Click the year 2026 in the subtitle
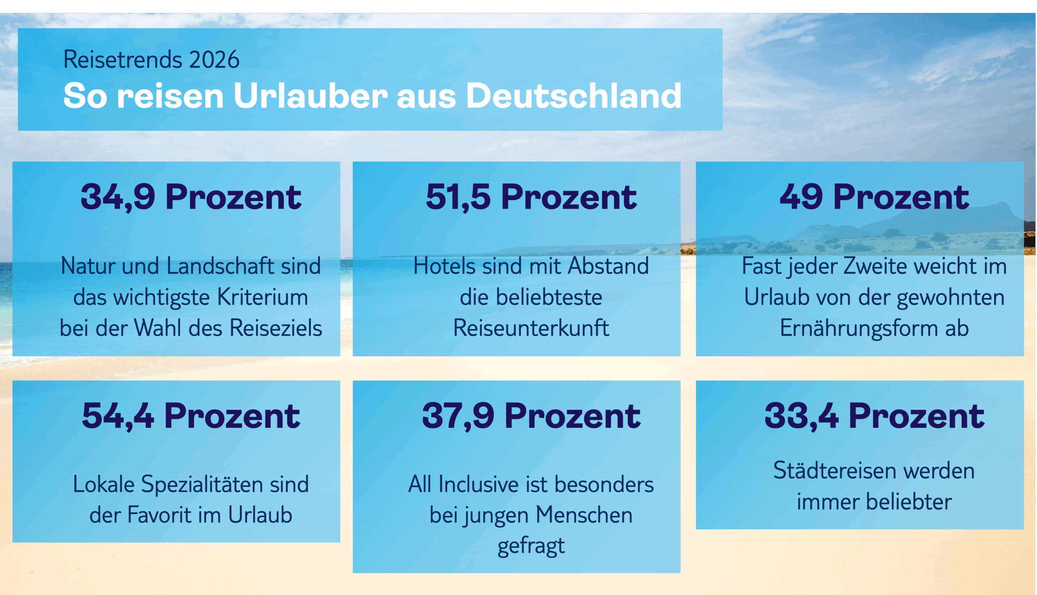(x=214, y=60)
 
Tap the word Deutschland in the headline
(x=573, y=96)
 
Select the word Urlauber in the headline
(x=310, y=96)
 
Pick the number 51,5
(x=458, y=197)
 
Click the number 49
(x=801, y=197)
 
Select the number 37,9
(x=458, y=416)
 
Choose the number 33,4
(x=801, y=416)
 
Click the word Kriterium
(x=262, y=297)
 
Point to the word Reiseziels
(x=276, y=328)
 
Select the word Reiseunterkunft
(x=531, y=328)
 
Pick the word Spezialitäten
(x=202, y=485)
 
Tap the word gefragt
(x=531, y=546)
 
